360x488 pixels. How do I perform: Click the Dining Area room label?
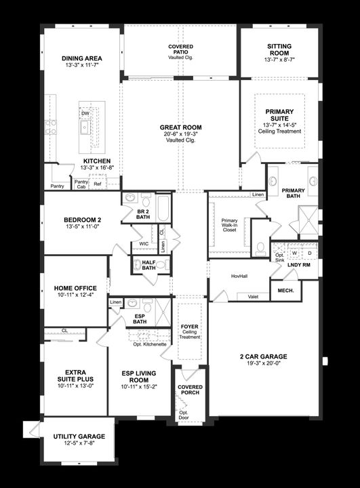coord(81,59)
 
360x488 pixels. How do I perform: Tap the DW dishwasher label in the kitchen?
coord(85,114)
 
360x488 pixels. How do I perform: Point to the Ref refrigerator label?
coord(98,184)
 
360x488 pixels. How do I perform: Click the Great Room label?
coord(180,127)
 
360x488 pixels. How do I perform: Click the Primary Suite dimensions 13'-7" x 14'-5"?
coord(280,125)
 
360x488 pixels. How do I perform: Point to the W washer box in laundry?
coord(294,253)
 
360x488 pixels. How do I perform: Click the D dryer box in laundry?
coord(309,253)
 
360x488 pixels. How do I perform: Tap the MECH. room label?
coord(284,291)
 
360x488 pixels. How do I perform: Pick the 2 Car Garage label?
coord(264,357)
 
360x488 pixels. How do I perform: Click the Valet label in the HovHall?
coord(253,296)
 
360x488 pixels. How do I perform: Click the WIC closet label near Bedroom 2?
coord(144,243)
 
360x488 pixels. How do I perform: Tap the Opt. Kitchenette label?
coord(150,344)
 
